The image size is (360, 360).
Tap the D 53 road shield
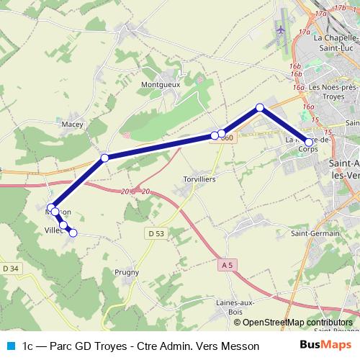click(x=156, y=233)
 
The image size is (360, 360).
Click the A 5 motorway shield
click(x=227, y=265)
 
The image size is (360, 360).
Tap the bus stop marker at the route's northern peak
click(x=260, y=108)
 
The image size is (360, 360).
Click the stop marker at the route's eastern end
click(x=309, y=143)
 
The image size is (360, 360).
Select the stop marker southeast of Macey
click(x=104, y=158)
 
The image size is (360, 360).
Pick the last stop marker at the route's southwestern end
click(x=73, y=233)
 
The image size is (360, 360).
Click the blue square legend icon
click(x=9, y=346)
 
